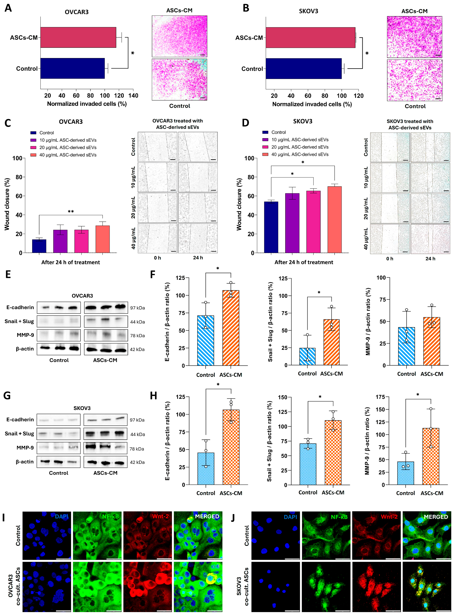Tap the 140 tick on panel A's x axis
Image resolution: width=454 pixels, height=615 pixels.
(133, 96)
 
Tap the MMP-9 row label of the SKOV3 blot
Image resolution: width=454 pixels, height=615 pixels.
(25, 447)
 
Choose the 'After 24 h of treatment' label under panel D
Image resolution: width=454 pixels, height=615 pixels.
(304, 262)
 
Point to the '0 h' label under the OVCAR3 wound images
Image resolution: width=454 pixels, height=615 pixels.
(158, 258)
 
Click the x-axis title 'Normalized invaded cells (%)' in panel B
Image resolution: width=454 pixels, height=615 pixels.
(312, 104)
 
